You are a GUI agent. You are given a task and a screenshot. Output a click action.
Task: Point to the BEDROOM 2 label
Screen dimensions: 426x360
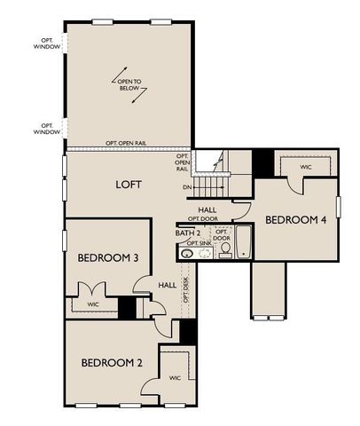coord(112,362)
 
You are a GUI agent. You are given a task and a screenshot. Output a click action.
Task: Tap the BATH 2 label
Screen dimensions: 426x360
coord(187,233)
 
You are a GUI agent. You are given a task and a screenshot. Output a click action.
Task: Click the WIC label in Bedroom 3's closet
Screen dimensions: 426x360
coord(92,304)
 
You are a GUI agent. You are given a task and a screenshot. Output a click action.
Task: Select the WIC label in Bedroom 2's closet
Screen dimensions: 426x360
coord(174,378)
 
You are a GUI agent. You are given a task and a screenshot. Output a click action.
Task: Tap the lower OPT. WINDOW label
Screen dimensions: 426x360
coord(48,128)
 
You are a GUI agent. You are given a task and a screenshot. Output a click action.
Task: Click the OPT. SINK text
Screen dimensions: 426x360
coord(199,242)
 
